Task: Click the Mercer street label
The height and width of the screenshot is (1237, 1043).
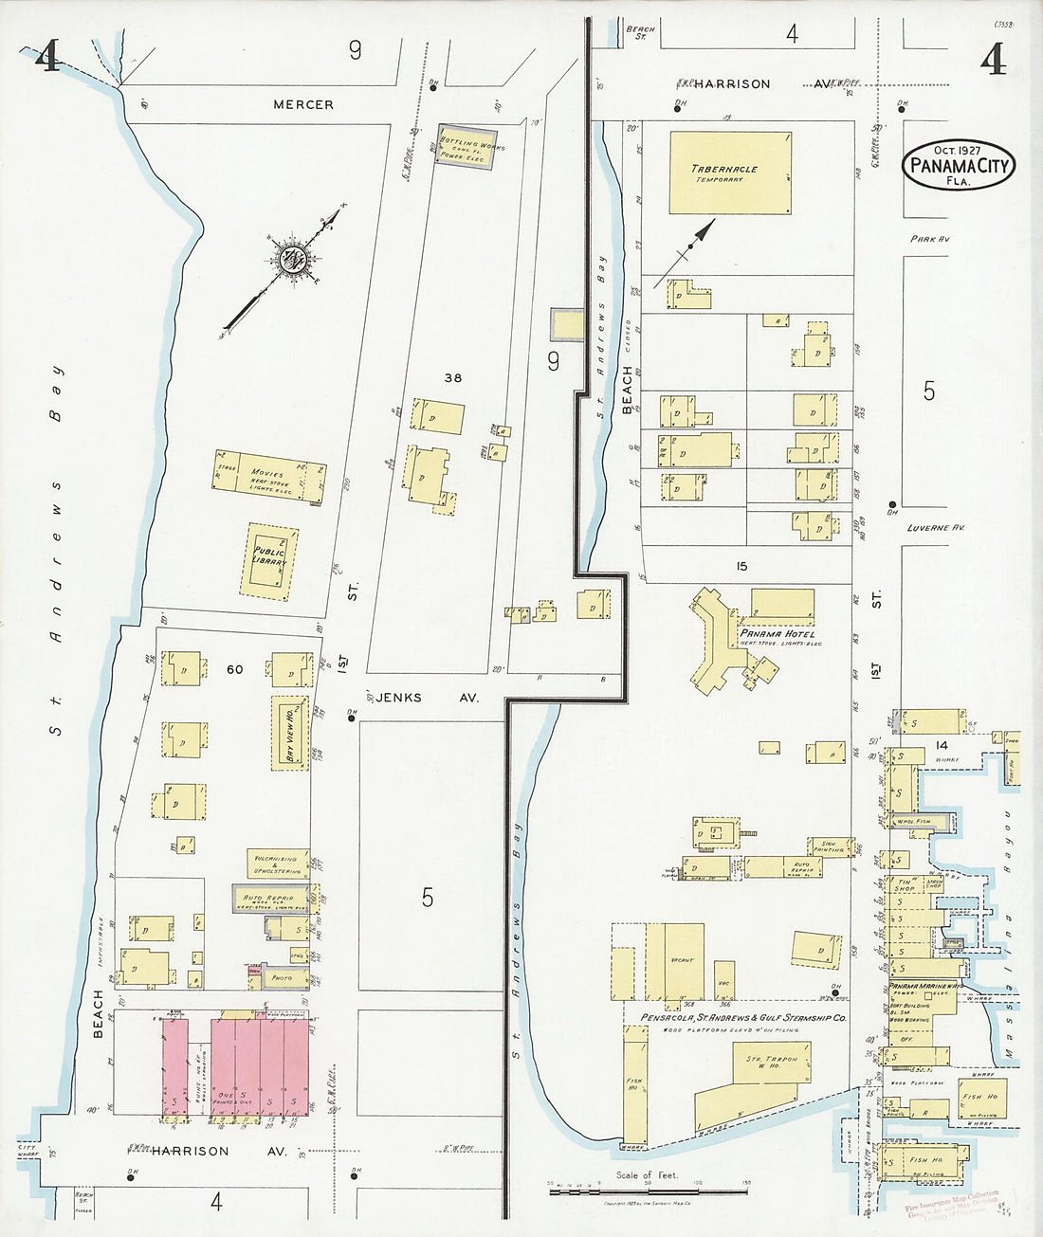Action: [303, 104]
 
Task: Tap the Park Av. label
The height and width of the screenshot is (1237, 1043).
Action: [929, 240]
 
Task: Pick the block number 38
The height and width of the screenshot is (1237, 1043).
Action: [453, 378]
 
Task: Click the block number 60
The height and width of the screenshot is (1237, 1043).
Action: [234, 669]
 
